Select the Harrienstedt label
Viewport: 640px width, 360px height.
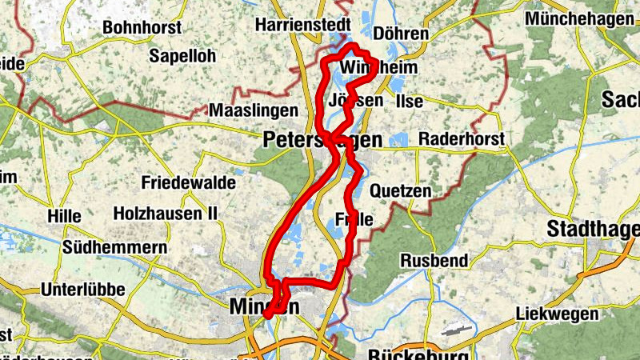pos(302,26)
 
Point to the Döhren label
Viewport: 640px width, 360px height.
pos(402,34)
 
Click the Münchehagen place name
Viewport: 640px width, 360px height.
pos(580,19)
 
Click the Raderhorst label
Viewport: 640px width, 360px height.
pos(461,139)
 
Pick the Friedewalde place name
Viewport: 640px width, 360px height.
pos(188,182)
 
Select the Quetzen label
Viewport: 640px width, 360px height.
pos(401,191)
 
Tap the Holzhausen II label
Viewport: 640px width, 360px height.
pos(166,214)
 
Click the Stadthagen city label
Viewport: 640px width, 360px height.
pos(593,230)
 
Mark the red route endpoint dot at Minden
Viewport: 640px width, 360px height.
pos(267,314)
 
